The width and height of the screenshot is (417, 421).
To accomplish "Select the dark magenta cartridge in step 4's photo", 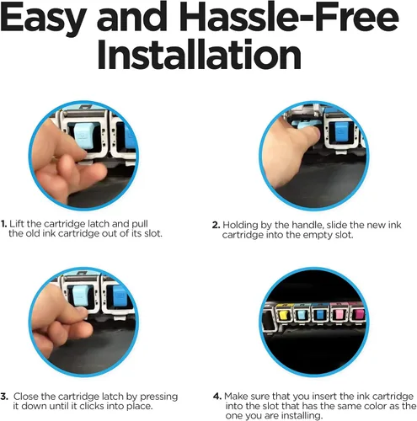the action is click(x=358, y=315).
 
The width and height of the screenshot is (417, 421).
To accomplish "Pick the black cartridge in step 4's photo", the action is click(x=266, y=319).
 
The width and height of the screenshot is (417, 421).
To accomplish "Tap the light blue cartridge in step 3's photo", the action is click(x=81, y=296).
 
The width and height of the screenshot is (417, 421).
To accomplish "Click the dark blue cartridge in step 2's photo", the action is click(x=343, y=132).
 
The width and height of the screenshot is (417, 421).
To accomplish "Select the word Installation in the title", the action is click(x=199, y=54).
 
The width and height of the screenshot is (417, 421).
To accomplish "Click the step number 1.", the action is click(x=3, y=224).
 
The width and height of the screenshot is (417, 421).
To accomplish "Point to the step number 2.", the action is click(x=216, y=225).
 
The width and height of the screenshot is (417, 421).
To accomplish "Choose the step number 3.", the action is click(x=4, y=397).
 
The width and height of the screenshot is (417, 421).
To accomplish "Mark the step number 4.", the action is click(x=217, y=397).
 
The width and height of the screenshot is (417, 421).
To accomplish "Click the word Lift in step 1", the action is click(x=18, y=224).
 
